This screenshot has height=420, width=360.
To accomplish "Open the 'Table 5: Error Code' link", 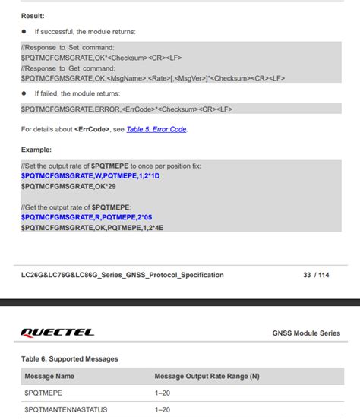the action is click(x=156, y=129).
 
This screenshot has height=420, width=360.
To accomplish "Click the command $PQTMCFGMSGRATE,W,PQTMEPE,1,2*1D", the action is click(x=90, y=175).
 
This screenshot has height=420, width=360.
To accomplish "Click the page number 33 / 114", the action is click(x=316, y=275).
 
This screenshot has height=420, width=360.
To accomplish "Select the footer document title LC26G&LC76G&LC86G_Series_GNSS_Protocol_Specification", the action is click(x=122, y=275).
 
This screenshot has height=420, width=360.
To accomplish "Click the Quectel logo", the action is click(x=58, y=333).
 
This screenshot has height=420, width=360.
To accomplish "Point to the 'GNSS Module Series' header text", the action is click(x=306, y=333).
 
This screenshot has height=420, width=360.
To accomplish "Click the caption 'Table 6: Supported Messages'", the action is click(x=69, y=358).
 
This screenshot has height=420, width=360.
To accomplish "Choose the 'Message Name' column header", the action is click(x=49, y=376).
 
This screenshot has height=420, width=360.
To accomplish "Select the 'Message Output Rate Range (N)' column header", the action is click(x=207, y=376).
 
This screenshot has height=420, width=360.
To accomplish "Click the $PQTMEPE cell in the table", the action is click(x=43, y=393).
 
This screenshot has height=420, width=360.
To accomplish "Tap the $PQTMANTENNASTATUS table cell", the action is click(x=66, y=410).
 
